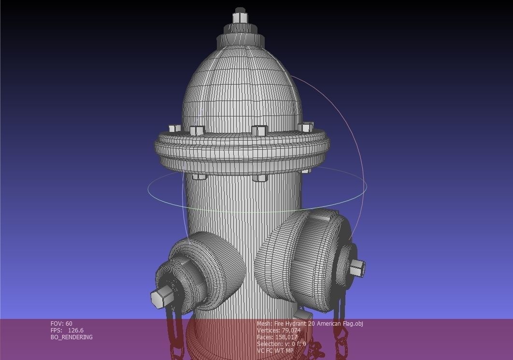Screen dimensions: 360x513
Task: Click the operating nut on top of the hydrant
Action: tap(240, 17)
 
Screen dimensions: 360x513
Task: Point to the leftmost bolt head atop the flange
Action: tap(174, 129)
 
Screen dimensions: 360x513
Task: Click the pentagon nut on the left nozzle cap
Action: tap(161, 295)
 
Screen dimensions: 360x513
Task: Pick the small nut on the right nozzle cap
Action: tap(356, 267)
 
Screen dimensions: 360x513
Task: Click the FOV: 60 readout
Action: tap(61, 324)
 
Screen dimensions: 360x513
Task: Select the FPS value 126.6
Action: tap(75, 331)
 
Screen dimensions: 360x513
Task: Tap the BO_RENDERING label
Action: tap(71, 337)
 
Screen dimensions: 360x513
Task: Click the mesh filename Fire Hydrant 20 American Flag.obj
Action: tap(318, 324)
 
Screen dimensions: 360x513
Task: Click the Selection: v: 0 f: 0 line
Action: tap(281, 344)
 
